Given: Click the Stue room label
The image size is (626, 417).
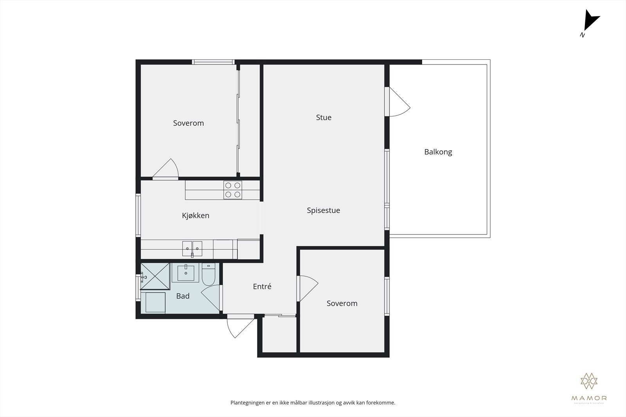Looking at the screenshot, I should coord(324,117).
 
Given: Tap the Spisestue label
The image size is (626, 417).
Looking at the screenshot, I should coord(323,210).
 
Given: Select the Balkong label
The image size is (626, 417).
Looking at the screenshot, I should coord(438,152).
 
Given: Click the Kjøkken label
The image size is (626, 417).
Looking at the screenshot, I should coord(195,215).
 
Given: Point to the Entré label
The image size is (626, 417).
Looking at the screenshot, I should coord(262,286).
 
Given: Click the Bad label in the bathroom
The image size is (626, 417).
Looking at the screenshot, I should coord(183,296).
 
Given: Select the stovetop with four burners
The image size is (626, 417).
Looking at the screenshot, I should coord(232,190).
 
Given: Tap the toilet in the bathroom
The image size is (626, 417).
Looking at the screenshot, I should coord(209,274).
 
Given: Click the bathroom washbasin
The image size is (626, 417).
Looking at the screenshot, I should coord(186,273).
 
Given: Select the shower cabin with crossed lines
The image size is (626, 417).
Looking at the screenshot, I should coord(155,276).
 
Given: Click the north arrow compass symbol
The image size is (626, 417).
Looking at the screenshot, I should coord(590,23).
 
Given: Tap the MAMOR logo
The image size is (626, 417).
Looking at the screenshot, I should coord(589,387).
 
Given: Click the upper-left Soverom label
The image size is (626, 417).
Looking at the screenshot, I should coord(188,123).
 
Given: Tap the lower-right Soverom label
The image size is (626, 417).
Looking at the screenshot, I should coord(342,303).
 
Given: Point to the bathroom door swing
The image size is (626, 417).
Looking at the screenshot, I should coord(212,299).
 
